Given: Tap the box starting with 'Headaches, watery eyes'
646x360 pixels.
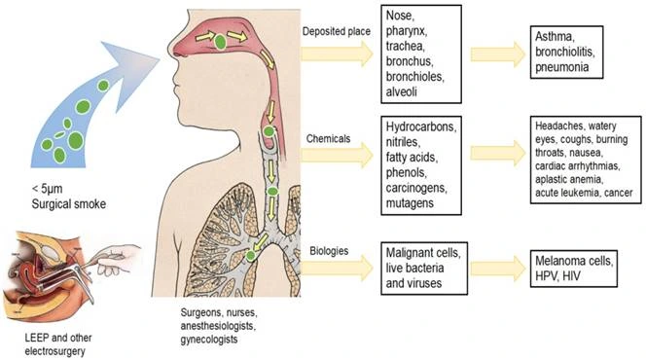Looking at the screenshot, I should coord(583,159).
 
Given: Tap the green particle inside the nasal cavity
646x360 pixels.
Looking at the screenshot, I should coord(222,41).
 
